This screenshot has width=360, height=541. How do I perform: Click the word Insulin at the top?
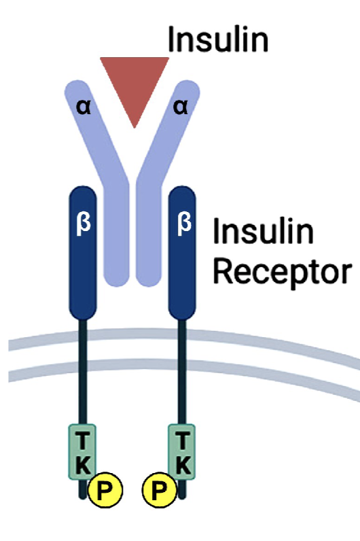[x=218, y=39]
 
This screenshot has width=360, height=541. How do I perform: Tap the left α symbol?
[x=84, y=107]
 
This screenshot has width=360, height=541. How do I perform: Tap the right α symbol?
[x=181, y=107]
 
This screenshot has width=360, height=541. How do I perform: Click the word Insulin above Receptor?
[x=264, y=232]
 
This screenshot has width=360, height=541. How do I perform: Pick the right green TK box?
[x=183, y=452]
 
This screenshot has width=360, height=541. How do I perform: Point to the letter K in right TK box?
[x=183, y=466]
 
